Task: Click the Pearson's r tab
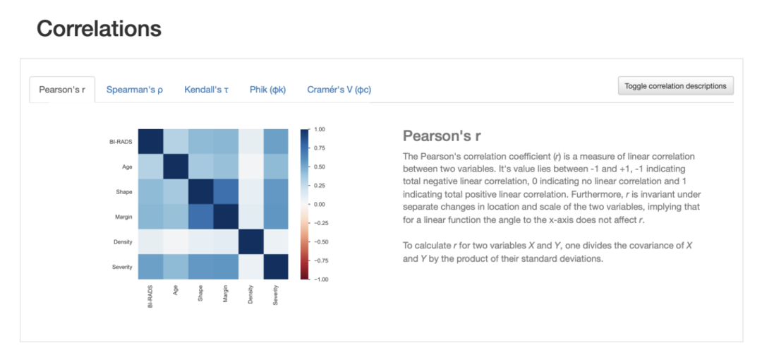(62, 90)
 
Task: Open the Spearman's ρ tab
(135, 90)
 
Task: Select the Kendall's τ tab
(207, 90)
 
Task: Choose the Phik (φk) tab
(267, 90)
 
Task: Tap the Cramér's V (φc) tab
(339, 90)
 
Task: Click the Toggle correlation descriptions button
(676, 86)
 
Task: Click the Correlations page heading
(99, 29)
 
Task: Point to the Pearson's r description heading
(442, 136)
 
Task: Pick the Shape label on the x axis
(200, 294)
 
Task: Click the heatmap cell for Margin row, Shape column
(200, 217)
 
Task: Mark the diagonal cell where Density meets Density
(250, 242)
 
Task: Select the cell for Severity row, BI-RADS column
(150, 267)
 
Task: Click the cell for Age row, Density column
(250, 167)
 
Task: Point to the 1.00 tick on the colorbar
(319, 130)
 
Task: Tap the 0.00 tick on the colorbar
(319, 205)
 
